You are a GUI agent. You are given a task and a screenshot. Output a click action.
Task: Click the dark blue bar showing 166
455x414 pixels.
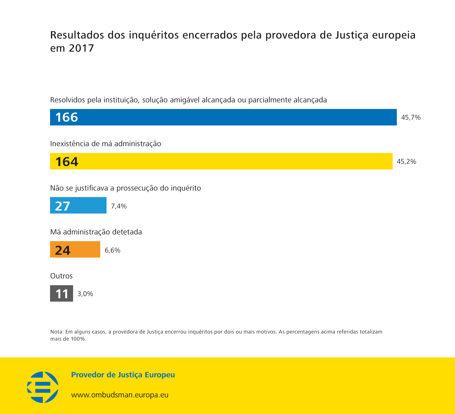point(223,117)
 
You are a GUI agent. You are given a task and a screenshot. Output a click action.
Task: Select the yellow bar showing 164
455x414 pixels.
point(221,161)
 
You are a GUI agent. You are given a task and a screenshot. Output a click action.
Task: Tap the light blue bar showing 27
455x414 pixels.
point(78,205)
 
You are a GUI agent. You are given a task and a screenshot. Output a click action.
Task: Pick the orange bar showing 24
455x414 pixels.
point(75,249)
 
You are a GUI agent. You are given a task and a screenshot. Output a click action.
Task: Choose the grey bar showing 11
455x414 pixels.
point(62,293)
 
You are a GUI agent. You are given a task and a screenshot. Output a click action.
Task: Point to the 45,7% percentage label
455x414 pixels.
point(411,118)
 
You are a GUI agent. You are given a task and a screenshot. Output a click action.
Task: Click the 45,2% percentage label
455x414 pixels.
point(406,162)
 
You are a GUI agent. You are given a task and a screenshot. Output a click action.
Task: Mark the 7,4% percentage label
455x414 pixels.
point(119,206)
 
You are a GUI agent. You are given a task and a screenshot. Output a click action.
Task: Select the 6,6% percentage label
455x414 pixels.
point(113,250)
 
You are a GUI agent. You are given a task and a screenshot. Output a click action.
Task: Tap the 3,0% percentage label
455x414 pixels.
point(85,294)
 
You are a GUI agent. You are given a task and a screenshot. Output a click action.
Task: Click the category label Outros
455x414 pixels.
point(61,276)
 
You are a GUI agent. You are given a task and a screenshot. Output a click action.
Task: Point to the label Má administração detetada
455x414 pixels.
point(96,232)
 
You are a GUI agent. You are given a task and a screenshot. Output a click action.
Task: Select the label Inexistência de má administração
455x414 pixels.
point(106,144)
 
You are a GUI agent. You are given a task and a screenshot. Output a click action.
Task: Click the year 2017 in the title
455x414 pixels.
point(81,48)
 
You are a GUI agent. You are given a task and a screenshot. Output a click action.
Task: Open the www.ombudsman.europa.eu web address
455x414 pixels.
point(120,395)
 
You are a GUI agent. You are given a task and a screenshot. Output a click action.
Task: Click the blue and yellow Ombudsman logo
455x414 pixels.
point(43,387)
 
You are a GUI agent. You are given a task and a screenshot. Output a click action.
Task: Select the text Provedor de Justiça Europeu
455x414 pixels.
point(123,375)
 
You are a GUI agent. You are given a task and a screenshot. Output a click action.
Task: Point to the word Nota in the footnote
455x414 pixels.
point(56,332)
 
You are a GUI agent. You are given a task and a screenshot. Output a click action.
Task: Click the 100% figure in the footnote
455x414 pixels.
point(78,339)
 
